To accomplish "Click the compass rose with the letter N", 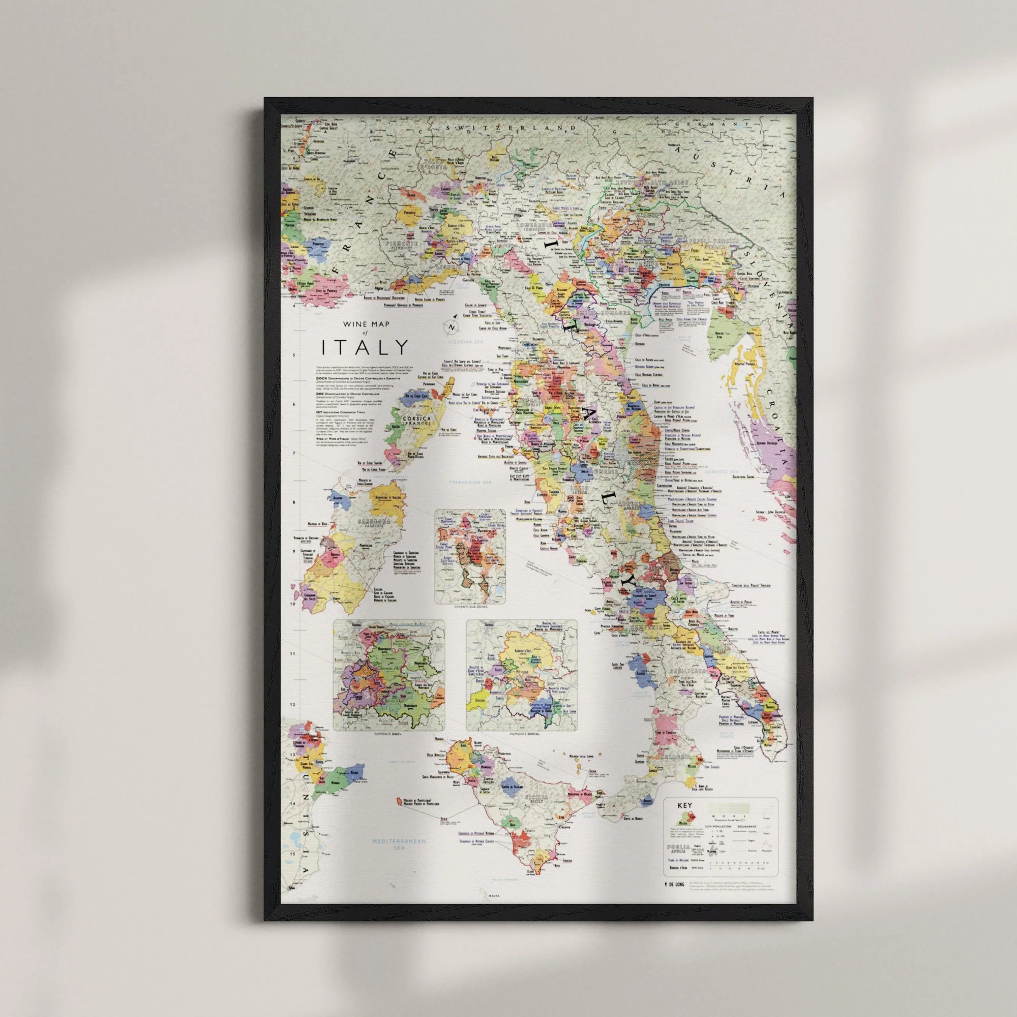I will coord(452,326).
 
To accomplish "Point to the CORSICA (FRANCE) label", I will coord(416,421).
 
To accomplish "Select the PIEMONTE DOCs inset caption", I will coord(389,734).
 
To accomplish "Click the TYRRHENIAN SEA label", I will coord(469,482).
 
